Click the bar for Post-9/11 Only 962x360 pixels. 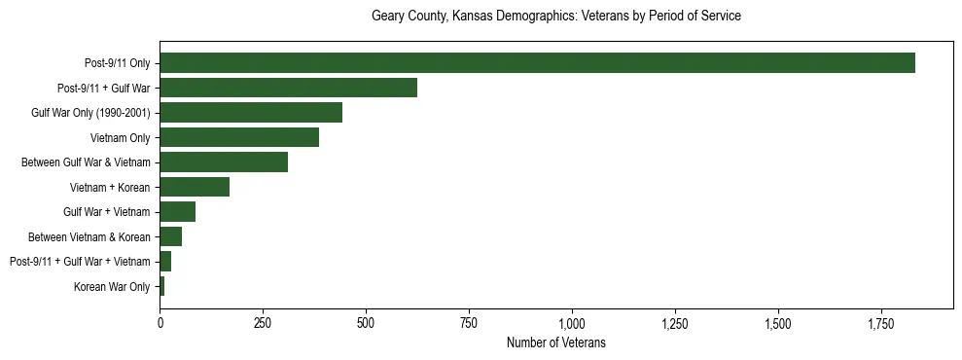(537, 63)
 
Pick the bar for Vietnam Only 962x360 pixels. (239, 137)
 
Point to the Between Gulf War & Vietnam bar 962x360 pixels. (224, 162)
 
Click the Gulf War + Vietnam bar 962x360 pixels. (178, 212)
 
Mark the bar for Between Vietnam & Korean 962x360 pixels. (171, 236)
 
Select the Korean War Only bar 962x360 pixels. (162, 286)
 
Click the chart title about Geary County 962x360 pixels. (556, 17)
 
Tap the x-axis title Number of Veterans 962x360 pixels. (556, 342)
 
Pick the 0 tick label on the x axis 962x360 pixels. (160, 323)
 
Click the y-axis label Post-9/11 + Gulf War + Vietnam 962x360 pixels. (80, 262)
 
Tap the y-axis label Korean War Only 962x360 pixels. (112, 286)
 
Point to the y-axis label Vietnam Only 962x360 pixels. (120, 137)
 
